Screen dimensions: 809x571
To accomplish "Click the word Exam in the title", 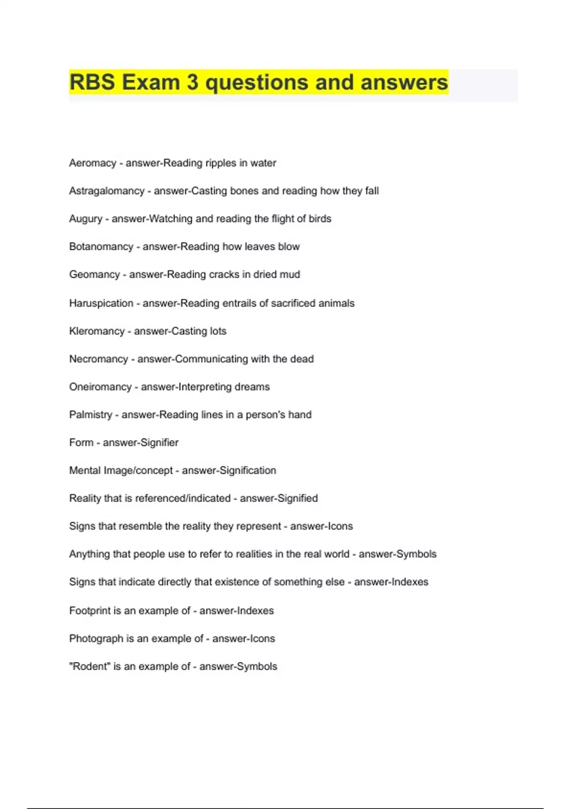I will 151,82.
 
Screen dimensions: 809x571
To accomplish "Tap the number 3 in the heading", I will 193,82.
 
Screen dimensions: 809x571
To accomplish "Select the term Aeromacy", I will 92,163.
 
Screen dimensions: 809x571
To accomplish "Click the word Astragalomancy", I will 107,191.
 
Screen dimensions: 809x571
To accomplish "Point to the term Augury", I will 86,219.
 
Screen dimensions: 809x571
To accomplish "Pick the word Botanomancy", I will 101,247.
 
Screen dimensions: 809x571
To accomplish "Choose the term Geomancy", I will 94,275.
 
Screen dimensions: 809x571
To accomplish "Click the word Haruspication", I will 101,303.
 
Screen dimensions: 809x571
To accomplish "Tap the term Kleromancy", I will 97,331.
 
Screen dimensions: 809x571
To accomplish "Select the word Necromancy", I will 98,359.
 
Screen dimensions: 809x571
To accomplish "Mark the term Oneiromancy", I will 100,387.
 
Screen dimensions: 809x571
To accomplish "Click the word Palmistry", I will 90,414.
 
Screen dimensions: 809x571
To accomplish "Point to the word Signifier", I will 158,443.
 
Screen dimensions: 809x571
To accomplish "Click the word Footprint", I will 90,611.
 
